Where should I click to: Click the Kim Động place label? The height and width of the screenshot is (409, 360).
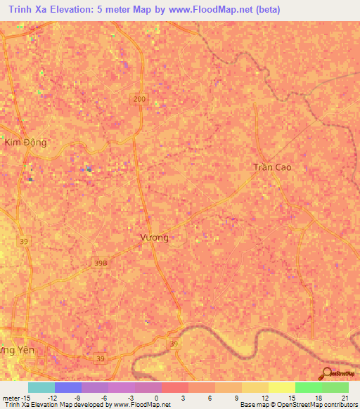pos(25,142)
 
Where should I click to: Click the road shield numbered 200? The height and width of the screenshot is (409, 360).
pos(139,100)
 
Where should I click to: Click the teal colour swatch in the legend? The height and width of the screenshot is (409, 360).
pos(41,387)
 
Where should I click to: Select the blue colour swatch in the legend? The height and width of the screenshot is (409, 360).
pos(68,387)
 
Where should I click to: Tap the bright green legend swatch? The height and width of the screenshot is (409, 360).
pos(308,387)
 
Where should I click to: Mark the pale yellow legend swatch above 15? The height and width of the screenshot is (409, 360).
pos(281,387)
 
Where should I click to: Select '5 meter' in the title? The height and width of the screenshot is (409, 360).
pos(113,10)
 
